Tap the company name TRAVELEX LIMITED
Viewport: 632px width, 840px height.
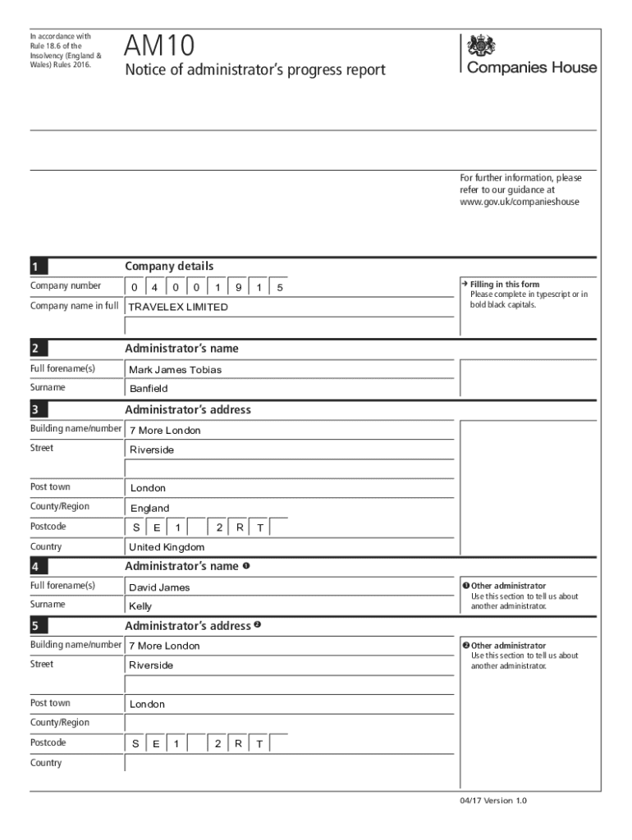click(178, 307)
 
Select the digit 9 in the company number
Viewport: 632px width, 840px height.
click(238, 287)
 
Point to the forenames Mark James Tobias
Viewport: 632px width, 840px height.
click(175, 370)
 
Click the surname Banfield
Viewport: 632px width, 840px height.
click(148, 389)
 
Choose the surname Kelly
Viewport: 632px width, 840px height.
click(140, 607)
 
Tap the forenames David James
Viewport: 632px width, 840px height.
click(159, 587)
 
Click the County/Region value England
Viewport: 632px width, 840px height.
click(149, 509)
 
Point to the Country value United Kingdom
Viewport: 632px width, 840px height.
click(167, 547)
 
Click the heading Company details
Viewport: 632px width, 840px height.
click(169, 266)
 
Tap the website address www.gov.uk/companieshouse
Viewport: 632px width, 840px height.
click(519, 201)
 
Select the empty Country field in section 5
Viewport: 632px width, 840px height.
click(287, 763)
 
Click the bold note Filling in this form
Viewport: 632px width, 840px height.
click(505, 285)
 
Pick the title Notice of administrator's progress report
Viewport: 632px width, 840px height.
click(254, 71)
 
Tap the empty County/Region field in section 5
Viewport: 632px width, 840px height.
click(287, 723)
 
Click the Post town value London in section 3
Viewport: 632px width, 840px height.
click(148, 488)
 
